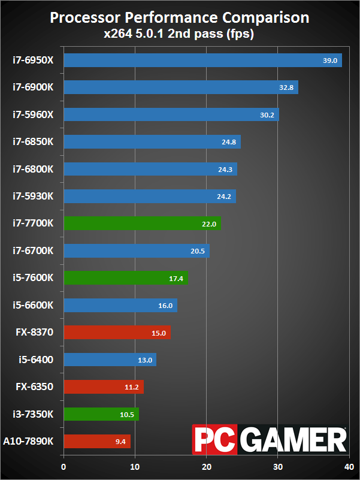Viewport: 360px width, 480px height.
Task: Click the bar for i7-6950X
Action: tap(203, 61)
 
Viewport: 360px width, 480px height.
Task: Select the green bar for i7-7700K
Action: tap(143, 224)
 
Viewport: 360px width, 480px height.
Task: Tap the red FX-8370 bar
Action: tap(117, 333)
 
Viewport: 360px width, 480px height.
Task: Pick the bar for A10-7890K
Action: tap(98, 441)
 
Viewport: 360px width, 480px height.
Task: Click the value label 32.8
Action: tap(286, 87)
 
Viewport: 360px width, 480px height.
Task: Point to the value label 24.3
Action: tap(225, 169)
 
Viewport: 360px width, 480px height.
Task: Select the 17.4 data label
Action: tap(176, 278)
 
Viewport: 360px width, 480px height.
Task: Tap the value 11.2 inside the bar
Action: tap(132, 387)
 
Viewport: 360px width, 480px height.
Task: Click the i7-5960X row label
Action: tap(33, 114)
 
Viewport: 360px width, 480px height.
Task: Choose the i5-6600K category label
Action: tap(33, 305)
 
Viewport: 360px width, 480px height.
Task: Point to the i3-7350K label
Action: tap(33, 414)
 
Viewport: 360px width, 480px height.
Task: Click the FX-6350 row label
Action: tap(35, 387)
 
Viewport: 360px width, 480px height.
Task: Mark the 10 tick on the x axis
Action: tap(135, 467)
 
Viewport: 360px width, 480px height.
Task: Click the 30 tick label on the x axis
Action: tap(278, 467)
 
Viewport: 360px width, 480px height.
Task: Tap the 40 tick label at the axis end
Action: tap(349, 467)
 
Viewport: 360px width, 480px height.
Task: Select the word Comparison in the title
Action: tap(266, 19)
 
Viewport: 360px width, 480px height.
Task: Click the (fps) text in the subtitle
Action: tap(240, 34)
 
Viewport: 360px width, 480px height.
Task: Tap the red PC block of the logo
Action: tap(215, 439)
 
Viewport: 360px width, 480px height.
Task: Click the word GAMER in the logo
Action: tap(293, 439)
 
